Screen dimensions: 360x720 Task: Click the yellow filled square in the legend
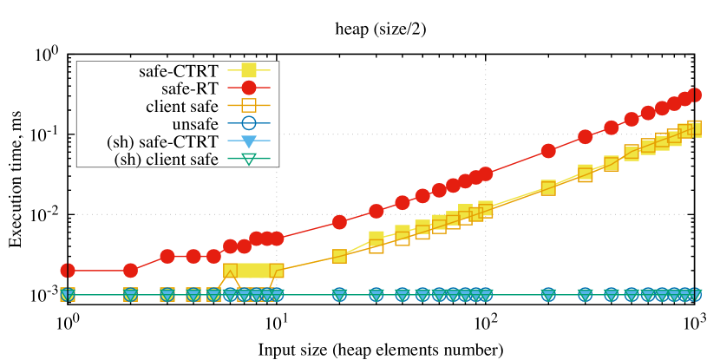coord(249,70)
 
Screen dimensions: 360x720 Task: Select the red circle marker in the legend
coord(249,88)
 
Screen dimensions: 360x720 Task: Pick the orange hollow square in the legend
coord(249,105)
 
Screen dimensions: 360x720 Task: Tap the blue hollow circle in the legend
coord(249,123)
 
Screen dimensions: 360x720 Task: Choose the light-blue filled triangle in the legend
coord(249,141)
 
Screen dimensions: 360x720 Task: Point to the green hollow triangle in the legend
coord(249,159)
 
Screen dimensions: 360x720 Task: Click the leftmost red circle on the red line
coord(68,271)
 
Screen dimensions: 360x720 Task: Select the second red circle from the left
coord(130,271)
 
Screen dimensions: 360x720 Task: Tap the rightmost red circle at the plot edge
coord(694,95)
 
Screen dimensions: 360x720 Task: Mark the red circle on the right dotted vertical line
coord(485,173)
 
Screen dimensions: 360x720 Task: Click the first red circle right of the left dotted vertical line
coord(339,222)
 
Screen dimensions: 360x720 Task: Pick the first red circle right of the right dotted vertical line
coord(548,151)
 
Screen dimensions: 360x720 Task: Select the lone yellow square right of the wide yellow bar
coord(339,256)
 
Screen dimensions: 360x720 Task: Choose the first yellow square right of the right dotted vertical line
coord(548,187)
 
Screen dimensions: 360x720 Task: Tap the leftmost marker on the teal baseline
coord(68,295)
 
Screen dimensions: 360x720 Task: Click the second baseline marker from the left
coord(130,295)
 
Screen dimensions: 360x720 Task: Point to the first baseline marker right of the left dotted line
coord(339,295)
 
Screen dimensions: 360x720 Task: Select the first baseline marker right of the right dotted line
coord(548,295)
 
